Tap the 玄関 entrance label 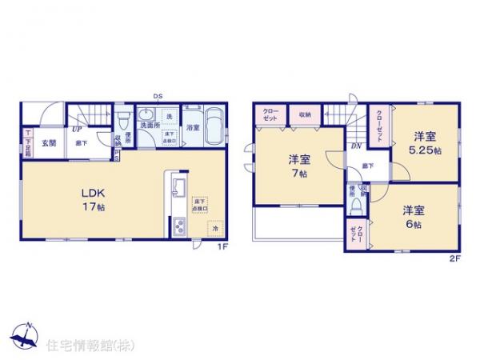(49, 143)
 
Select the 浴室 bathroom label (193, 126)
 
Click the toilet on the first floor (122, 124)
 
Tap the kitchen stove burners (178, 230)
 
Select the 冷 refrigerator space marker (214, 229)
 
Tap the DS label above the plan (159, 97)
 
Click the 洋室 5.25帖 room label (422, 143)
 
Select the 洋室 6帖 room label (414, 217)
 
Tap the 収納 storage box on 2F (305, 115)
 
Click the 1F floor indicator (226, 247)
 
